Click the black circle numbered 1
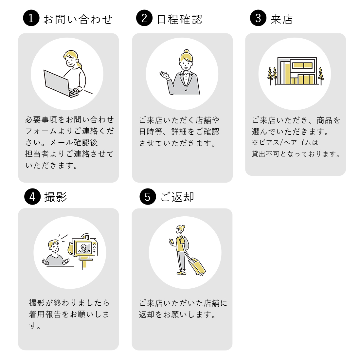(x=31, y=18)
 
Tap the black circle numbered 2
(x=144, y=18)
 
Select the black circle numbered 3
(x=258, y=18)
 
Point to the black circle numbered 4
(x=32, y=197)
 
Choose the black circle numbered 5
(x=148, y=197)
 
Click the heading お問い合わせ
(x=78, y=19)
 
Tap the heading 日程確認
(x=180, y=19)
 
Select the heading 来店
(x=281, y=19)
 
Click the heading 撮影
(x=55, y=197)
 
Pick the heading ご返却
(x=177, y=197)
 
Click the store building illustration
(x=297, y=71)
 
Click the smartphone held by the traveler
(x=171, y=242)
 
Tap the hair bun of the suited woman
(x=186, y=52)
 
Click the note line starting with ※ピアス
(x=285, y=143)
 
